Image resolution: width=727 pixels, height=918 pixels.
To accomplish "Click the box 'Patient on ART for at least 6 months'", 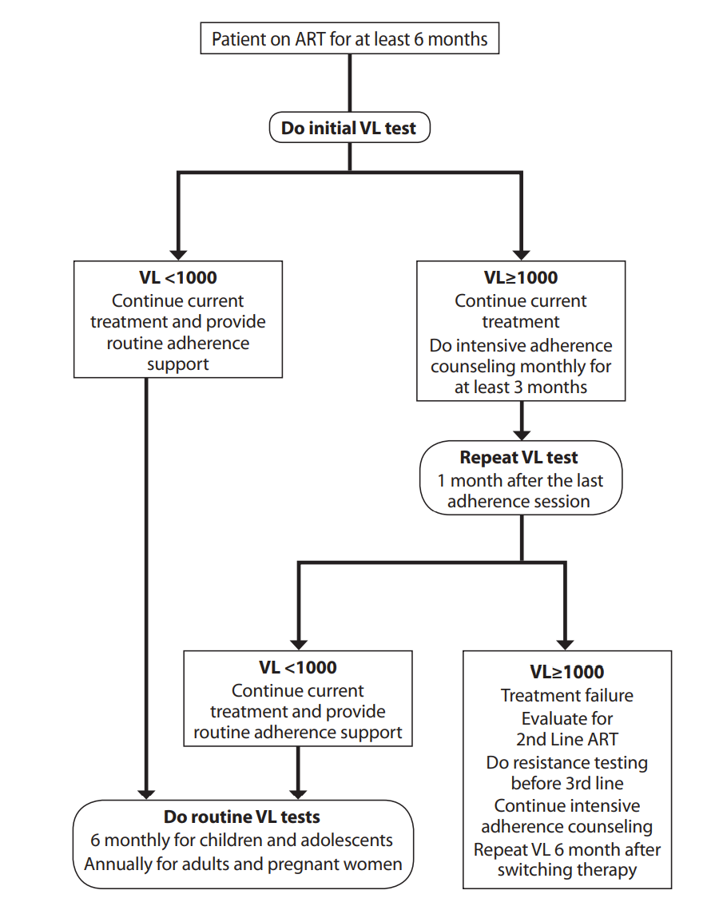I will click(350, 39).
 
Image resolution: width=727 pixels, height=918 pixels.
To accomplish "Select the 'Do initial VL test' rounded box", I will click(349, 128).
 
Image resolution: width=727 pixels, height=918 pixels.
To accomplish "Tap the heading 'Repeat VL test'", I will click(519, 459).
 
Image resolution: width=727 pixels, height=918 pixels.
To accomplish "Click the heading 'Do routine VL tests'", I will click(242, 817).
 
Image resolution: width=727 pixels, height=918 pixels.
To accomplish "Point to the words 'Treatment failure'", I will click(566, 696).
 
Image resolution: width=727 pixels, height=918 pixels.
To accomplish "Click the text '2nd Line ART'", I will click(566, 739).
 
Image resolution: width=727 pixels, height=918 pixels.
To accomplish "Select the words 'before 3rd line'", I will click(566, 784).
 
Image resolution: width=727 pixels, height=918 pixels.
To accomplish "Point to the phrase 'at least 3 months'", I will click(521, 387).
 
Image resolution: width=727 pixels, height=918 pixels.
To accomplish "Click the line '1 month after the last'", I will click(520, 481).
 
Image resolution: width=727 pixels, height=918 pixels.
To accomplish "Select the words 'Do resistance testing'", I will click(566, 762).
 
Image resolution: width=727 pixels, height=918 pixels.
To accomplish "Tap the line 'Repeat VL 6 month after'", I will click(566, 849).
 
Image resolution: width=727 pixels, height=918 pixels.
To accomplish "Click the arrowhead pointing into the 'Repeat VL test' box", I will click(521, 432).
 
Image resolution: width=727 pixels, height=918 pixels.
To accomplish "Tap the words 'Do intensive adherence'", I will click(521, 346).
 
